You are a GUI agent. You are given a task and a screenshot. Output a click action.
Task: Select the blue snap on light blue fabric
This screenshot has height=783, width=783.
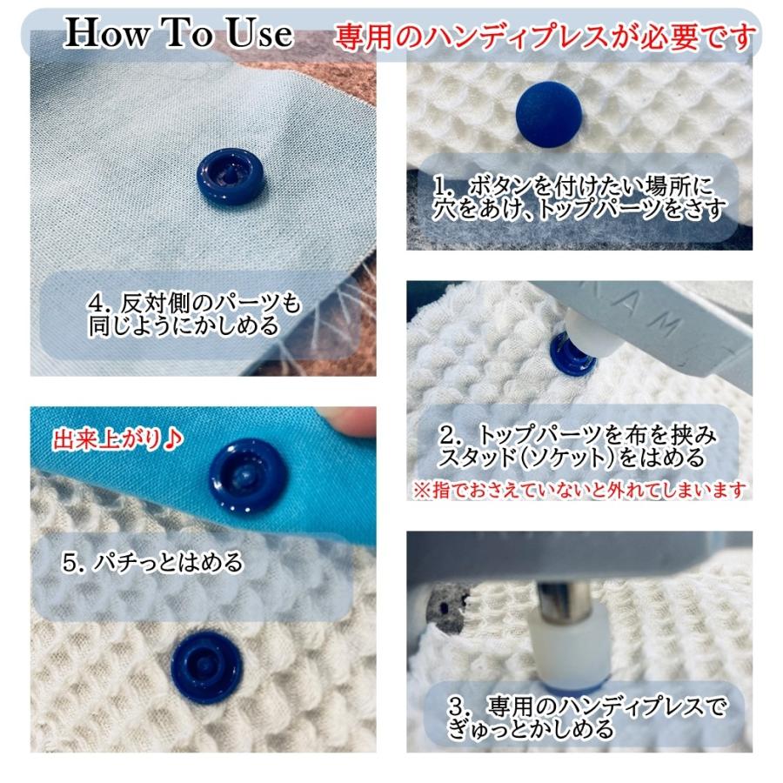(x=223, y=177)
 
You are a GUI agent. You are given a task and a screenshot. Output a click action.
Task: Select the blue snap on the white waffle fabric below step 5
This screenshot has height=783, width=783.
(x=205, y=660)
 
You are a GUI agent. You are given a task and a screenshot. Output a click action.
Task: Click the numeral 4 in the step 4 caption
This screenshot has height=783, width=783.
(x=96, y=304)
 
